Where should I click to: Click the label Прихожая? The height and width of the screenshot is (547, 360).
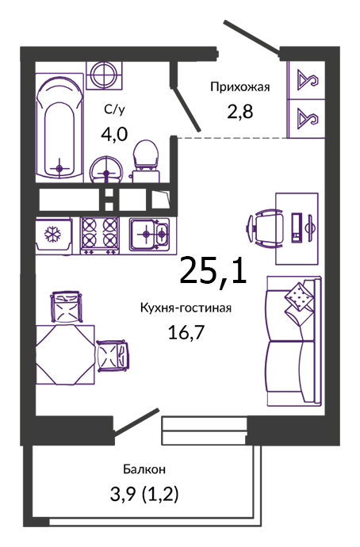pos(240,87)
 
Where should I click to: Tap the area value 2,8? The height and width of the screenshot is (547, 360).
pos(240,112)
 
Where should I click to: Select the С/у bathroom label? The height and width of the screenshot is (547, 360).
pos(114,110)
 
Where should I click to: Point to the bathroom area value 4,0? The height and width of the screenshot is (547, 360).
pos(114,134)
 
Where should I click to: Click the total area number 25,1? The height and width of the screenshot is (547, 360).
pos(213,270)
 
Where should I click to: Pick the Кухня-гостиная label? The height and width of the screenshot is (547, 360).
pos(186,308)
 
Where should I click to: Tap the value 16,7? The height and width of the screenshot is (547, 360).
pos(186,332)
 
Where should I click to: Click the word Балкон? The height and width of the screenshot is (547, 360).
pos(144,469)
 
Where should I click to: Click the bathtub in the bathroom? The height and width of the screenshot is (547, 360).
pos(59,128)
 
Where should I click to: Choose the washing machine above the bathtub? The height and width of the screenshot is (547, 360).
pos(105,75)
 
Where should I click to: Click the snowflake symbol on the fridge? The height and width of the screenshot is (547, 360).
pos(52,235)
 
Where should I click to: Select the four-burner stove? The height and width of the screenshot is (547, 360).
pos(100,235)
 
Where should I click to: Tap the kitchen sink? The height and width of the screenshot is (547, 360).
pos(150,234)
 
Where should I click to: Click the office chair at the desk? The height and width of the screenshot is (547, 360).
pos(266,228)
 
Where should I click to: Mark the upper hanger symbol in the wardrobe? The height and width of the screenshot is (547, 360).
pos(308,80)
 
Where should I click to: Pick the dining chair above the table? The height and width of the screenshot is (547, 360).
pos(67,306)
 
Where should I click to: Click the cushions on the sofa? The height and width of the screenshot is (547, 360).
pos(299,301)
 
